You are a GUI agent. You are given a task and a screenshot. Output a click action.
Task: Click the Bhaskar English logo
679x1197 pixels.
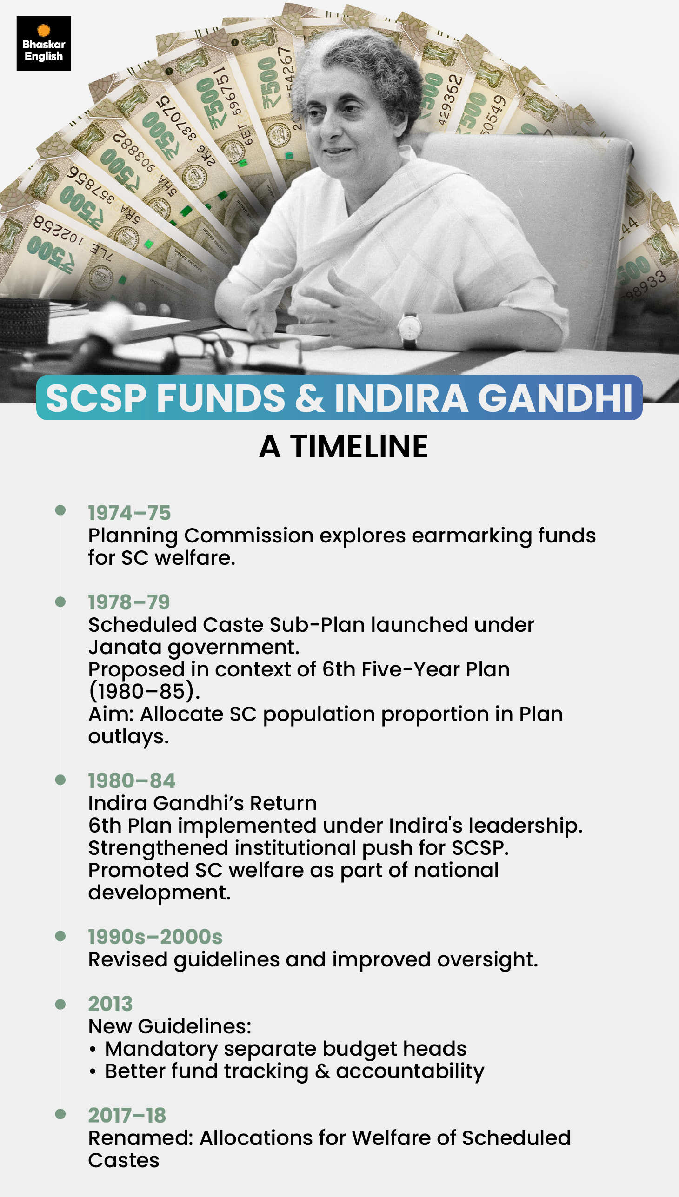click(43, 43)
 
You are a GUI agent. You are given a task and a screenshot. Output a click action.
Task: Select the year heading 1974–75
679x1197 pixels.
click(129, 513)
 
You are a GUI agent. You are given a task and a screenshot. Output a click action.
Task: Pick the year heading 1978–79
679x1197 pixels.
click(129, 602)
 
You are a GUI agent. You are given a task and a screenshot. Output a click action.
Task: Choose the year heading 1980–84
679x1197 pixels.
click(132, 781)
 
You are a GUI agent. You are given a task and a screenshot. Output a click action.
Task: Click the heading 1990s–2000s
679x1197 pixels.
click(155, 937)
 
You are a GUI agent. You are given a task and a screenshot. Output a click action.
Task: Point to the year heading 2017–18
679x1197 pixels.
click(127, 1116)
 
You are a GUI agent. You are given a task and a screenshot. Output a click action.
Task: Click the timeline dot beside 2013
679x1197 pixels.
click(60, 1004)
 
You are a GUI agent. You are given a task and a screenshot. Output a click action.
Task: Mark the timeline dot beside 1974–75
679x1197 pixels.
click(60, 510)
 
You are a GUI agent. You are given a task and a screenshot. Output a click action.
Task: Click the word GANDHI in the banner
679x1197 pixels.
click(555, 398)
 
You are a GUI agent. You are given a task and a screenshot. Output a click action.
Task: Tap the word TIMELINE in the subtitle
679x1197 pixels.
click(359, 447)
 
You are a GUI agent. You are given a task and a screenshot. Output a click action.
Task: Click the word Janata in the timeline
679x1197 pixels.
click(125, 647)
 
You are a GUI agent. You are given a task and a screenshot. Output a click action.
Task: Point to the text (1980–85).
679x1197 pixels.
click(144, 691)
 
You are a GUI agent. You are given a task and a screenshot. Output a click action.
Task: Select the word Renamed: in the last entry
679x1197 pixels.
click(140, 1138)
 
